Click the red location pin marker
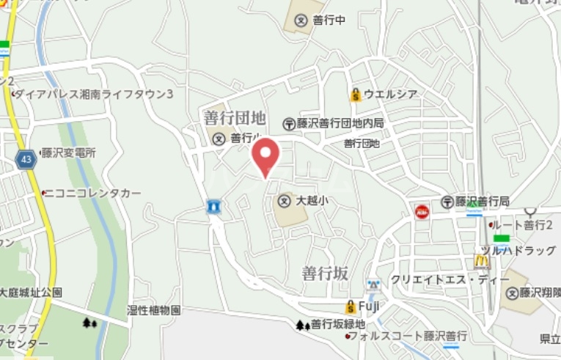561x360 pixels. click(x=265, y=155)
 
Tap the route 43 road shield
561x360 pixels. click(x=26, y=159)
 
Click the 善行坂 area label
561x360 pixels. click(x=324, y=273)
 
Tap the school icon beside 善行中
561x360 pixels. click(x=301, y=21)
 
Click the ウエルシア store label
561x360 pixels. click(x=390, y=94)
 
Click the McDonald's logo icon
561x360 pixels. click(x=481, y=260)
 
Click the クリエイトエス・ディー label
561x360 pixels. click(x=450, y=279)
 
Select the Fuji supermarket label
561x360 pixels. click(x=368, y=306)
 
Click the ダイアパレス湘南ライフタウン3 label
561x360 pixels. click(x=94, y=94)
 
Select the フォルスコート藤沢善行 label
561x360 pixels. click(x=397, y=336)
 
